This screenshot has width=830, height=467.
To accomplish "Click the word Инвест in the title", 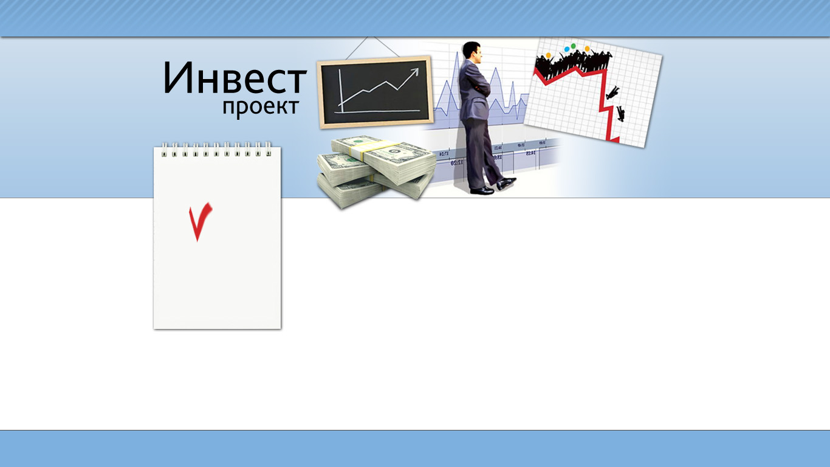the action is tap(235, 77).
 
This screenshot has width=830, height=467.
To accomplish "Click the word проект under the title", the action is tap(261, 108).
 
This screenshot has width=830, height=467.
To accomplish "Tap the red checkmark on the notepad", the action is tap(201, 222).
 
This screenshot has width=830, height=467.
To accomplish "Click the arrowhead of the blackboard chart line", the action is tap(414, 72).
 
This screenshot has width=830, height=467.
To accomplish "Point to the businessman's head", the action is tap(473, 52).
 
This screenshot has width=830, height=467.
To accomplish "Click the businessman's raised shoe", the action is tap(507, 183).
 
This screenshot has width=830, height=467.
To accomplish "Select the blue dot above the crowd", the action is tap(566, 49).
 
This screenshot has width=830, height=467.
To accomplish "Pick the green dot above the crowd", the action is tap(573, 46).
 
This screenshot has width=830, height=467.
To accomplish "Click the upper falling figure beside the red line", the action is tap(612, 92).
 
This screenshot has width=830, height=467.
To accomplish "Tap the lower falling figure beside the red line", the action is tap(620, 114).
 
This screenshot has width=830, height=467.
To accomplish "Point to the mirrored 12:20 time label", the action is tap(458, 163).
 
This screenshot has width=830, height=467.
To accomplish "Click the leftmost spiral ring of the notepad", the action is tap(164, 150).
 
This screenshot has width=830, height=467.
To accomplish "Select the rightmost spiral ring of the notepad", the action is tap(269, 149).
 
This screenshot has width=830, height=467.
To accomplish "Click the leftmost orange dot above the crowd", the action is tap(549, 56).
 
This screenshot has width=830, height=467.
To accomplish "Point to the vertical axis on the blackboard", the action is tap(341, 90).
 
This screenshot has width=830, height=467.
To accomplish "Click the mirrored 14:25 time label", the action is tap(530, 153).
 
